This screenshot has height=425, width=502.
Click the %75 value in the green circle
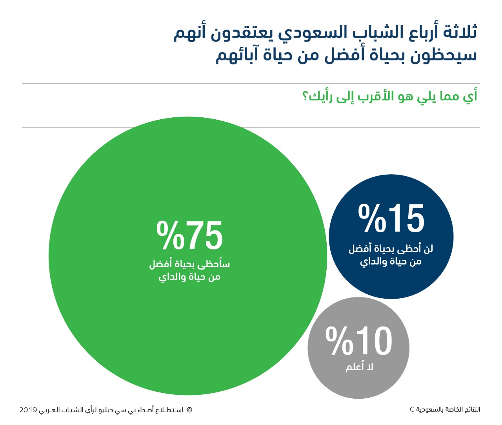point(189,235)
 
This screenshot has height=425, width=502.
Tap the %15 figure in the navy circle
point(391,218)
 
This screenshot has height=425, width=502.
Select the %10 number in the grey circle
point(359,341)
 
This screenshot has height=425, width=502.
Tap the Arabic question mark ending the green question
point(305,97)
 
